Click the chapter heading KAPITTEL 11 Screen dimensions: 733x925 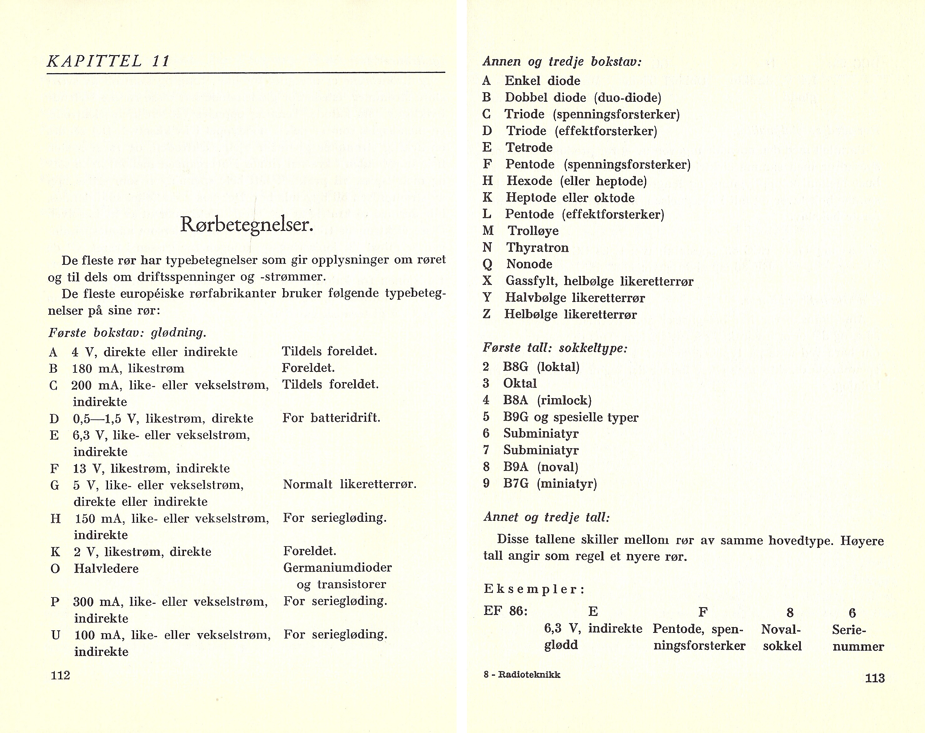coord(108,61)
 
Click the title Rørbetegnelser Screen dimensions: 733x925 coord(246,224)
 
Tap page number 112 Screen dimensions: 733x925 coord(60,675)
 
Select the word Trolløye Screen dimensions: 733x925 coord(533,231)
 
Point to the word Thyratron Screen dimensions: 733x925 coord(537,248)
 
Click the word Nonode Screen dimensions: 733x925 coord(529,264)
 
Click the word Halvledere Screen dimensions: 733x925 coord(106,569)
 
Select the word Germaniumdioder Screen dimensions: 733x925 coord(337,568)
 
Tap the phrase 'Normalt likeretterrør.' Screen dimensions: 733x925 coord(350,484)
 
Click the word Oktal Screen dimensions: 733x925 coord(519,383)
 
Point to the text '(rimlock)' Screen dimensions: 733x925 coord(564,400)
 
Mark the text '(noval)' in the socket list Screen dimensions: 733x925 coord(557,467)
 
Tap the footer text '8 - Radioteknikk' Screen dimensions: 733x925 coord(522,675)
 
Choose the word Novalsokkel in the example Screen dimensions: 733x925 coord(782,638)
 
